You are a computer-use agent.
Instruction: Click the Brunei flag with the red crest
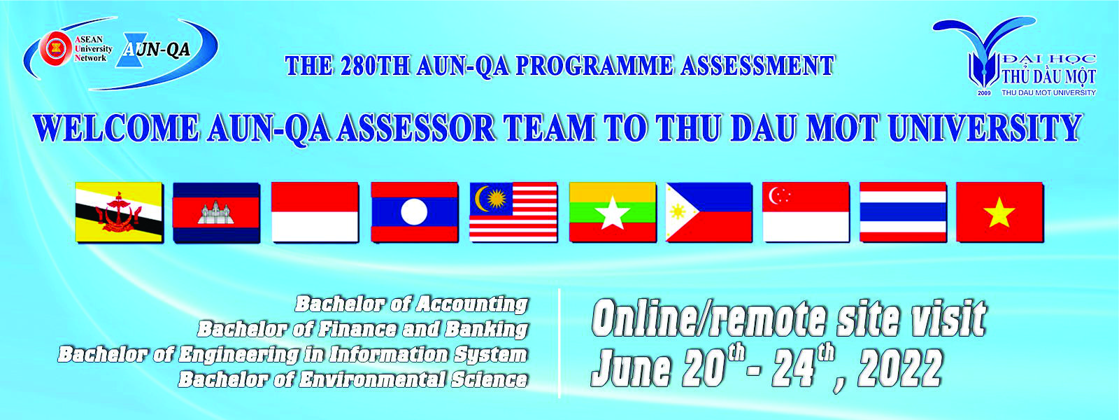(x=119, y=213)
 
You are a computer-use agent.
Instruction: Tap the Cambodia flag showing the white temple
(x=216, y=213)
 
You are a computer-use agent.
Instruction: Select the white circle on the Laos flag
(x=414, y=212)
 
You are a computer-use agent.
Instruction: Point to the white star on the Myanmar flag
(x=613, y=213)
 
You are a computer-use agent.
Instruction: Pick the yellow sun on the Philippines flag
(x=678, y=212)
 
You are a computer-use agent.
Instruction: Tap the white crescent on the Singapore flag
(x=776, y=196)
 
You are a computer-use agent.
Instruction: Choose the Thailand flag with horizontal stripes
(x=903, y=213)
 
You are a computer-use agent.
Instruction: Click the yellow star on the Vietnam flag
(x=999, y=212)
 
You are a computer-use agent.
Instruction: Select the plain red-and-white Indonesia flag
(x=315, y=213)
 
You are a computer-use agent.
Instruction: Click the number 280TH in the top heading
(x=375, y=66)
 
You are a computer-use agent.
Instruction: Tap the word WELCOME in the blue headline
(x=116, y=128)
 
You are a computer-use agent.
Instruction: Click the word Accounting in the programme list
(x=472, y=304)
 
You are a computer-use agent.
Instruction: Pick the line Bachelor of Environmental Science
(x=353, y=379)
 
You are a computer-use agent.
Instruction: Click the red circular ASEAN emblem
(x=56, y=49)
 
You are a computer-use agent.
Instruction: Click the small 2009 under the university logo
(x=983, y=94)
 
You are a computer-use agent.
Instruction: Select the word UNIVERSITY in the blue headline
(x=985, y=128)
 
